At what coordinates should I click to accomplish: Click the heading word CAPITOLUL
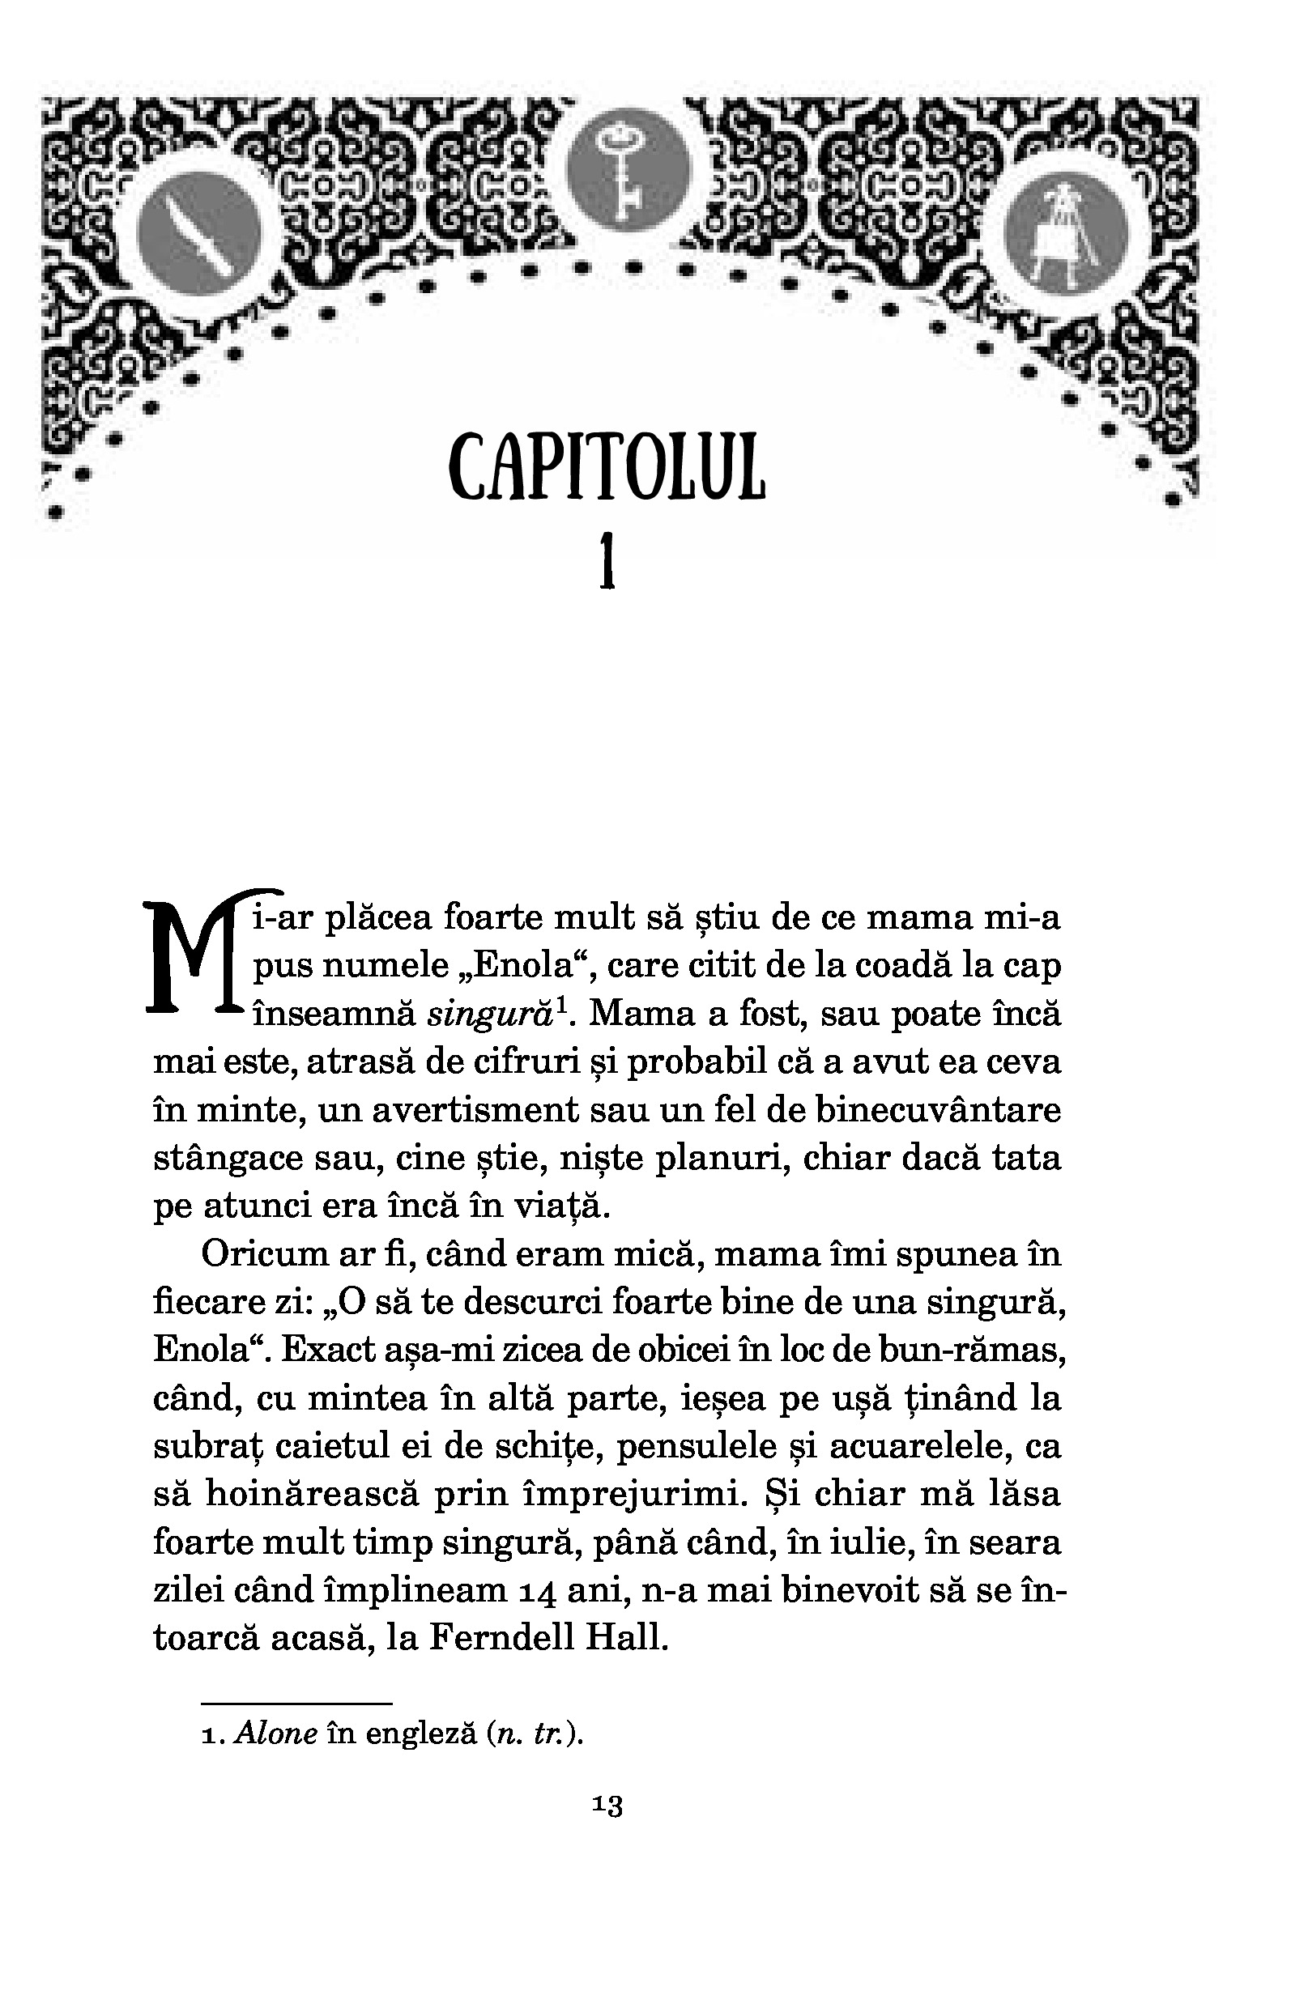[607, 468]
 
